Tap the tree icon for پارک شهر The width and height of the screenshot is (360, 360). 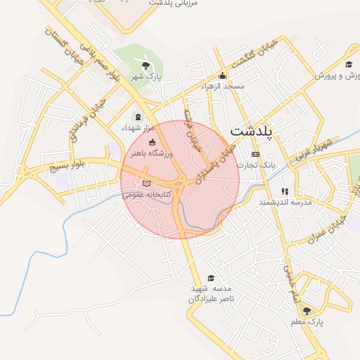pyautogui.click(x=146, y=66)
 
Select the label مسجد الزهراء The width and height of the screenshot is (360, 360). pyautogui.click(x=222, y=86)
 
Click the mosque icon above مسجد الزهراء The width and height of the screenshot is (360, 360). pyautogui.click(x=223, y=76)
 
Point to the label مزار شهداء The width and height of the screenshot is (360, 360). pyautogui.click(x=136, y=128)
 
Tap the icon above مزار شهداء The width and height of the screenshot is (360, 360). pyautogui.click(x=137, y=117)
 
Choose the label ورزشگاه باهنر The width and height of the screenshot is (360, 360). pyautogui.click(x=147, y=153)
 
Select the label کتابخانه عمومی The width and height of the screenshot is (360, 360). pyautogui.click(x=142, y=194)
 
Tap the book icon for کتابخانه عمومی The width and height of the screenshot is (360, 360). pyautogui.click(x=146, y=184)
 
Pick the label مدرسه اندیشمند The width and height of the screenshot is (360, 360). pyautogui.click(x=285, y=202)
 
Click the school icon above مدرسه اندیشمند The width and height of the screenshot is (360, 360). pyautogui.click(x=285, y=191)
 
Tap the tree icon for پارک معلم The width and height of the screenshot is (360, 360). pyautogui.click(x=307, y=310)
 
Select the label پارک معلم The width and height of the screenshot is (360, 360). pyautogui.click(x=307, y=321)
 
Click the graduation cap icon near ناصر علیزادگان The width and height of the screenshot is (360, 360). pyautogui.click(x=211, y=278)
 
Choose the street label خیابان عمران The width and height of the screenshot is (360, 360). pyautogui.click(x=328, y=232)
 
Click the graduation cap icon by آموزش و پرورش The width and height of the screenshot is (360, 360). pyautogui.click(x=348, y=65)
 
